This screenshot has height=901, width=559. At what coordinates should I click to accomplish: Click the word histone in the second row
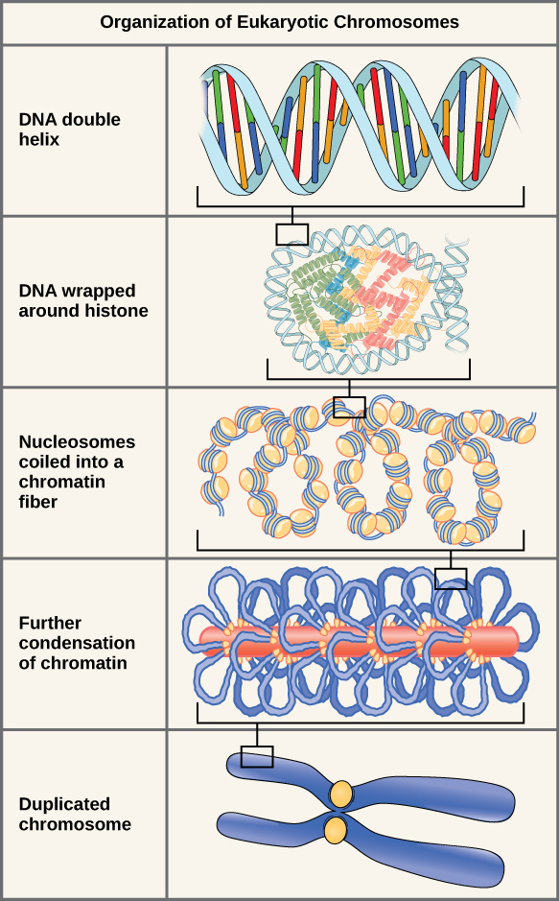[118, 311]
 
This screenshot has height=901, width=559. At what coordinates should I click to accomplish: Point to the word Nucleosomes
[77, 442]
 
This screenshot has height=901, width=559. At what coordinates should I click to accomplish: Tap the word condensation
[77, 643]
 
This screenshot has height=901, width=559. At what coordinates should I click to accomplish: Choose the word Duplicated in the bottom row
[64, 804]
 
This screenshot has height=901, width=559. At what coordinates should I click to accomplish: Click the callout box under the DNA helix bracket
[292, 234]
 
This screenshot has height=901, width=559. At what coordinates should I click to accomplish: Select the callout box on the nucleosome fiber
[350, 407]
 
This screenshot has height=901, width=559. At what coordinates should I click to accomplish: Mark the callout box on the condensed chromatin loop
[451, 578]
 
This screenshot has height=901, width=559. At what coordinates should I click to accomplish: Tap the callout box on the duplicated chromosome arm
[257, 757]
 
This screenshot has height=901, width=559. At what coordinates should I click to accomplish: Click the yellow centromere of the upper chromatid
[342, 794]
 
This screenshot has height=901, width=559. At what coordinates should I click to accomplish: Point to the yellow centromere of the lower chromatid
[335, 830]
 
